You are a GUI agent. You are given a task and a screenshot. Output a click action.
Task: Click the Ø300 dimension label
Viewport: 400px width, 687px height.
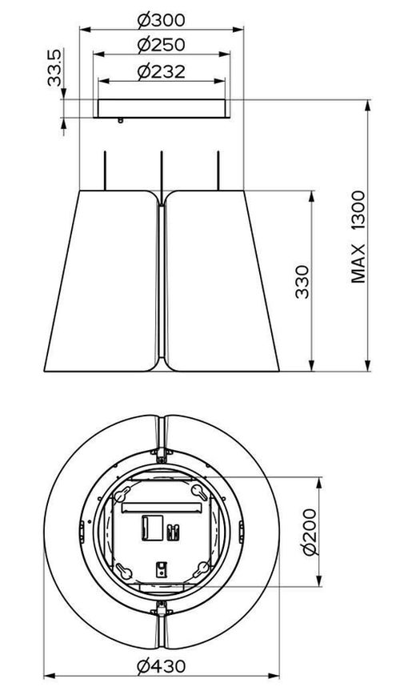point(161,20)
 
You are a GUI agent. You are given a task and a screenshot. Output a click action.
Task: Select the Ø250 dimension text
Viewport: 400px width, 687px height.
point(161,45)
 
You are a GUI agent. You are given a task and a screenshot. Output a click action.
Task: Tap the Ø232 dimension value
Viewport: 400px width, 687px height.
point(161,72)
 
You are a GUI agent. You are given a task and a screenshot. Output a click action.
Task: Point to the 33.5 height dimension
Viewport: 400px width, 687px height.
point(55,67)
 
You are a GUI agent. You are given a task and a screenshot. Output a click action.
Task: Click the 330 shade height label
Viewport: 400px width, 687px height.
point(302,282)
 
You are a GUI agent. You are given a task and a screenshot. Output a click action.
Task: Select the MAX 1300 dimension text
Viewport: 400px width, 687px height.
point(358,236)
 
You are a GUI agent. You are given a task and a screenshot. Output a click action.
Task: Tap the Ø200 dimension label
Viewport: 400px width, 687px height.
point(310,532)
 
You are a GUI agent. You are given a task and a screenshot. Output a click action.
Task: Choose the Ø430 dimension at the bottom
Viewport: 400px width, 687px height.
point(161,666)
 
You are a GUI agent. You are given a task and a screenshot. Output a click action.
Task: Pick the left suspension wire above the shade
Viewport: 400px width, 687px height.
point(105,171)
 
